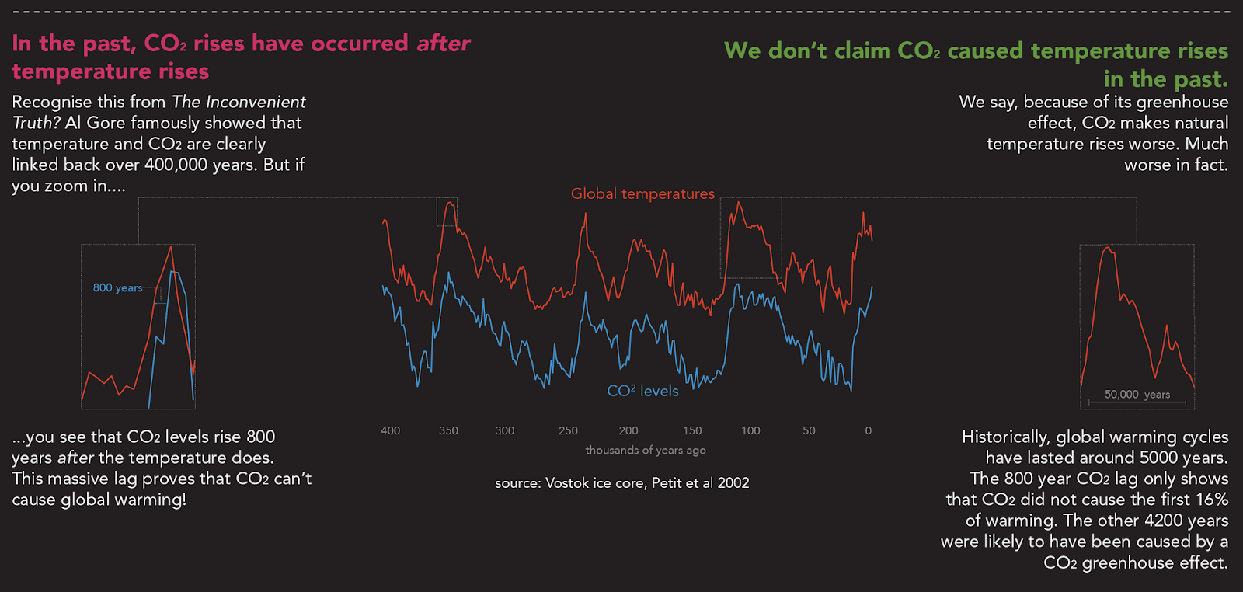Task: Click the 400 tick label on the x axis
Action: point(390,430)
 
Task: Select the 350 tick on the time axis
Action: point(448,430)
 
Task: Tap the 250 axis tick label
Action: point(568,430)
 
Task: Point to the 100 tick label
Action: point(750,430)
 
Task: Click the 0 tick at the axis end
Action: point(869,430)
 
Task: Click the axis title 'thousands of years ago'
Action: point(646,450)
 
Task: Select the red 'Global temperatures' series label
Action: point(642,193)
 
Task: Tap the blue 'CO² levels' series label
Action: point(642,391)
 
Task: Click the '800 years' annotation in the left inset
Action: point(118,287)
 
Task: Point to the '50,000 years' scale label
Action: point(1137,395)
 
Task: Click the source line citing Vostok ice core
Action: point(622,483)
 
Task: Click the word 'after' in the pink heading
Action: point(444,44)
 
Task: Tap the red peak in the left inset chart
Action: point(172,247)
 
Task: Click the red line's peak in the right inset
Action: point(1108,248)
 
